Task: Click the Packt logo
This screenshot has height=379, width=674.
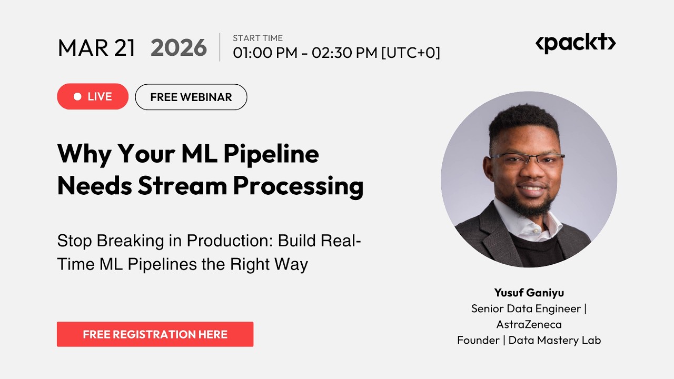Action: pyautogui.click(x=575, y=43)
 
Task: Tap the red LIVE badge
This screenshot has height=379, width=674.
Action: pyautogui.click(x=93, y=97)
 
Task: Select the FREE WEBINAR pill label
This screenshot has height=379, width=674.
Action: pyautogui.click(x=191, y=97)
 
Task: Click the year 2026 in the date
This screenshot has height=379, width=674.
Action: pyautogui.click(x=179, y=48)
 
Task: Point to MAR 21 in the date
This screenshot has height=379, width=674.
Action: pyautogui.click(x=96, y=48)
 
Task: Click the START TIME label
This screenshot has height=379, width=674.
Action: pyautogui.click(x=257, y=38)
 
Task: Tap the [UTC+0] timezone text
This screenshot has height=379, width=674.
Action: pyautogui.click(x=411, y=53)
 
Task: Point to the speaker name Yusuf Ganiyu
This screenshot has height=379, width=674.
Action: pyautogui.click(x=529, y=293)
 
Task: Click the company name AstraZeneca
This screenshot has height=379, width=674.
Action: pyautogui.click(x=529, y=324)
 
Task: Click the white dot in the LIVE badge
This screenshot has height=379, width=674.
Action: pyautogui.click(x=77, y=97)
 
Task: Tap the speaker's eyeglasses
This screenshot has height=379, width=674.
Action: pyautogui.click(x=528, y=159)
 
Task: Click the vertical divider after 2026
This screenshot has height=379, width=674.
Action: pyautogui.click(x=220, y=47)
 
